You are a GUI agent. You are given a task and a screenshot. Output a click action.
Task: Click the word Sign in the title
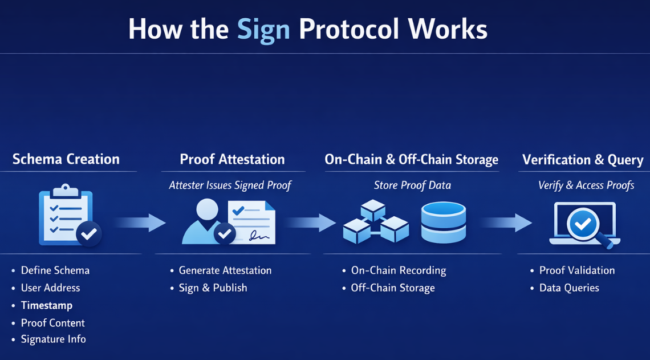[x=263, y=30]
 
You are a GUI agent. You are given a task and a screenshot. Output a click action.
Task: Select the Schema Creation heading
[x=66, y=159]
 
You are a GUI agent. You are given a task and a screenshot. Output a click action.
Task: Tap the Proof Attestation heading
[x=232, y=159]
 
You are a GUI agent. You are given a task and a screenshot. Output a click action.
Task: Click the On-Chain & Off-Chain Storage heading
[x=411, y=160]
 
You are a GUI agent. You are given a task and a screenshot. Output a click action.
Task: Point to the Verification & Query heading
[x=583, y=160]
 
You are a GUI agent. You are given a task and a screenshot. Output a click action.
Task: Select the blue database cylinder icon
[x=443, y=223]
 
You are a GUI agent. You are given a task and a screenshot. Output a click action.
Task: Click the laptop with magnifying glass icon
[x=585, y=225]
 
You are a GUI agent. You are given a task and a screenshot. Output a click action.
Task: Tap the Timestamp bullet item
[x=47, y=305]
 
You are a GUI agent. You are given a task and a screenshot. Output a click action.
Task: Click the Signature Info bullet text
[x=54, y=339]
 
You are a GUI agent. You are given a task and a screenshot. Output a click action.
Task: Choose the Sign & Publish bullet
[x=213, y=288]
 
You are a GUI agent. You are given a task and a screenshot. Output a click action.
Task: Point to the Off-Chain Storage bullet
[x=393, y=288]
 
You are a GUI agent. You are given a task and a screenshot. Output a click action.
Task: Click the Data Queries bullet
[x=569, y=288]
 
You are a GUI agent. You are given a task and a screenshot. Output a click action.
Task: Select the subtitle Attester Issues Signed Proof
[x=230, y=185]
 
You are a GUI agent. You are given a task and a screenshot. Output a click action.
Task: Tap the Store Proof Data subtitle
[x=412, y=185]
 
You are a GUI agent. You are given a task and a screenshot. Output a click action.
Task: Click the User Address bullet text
[x=50, y=288]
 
